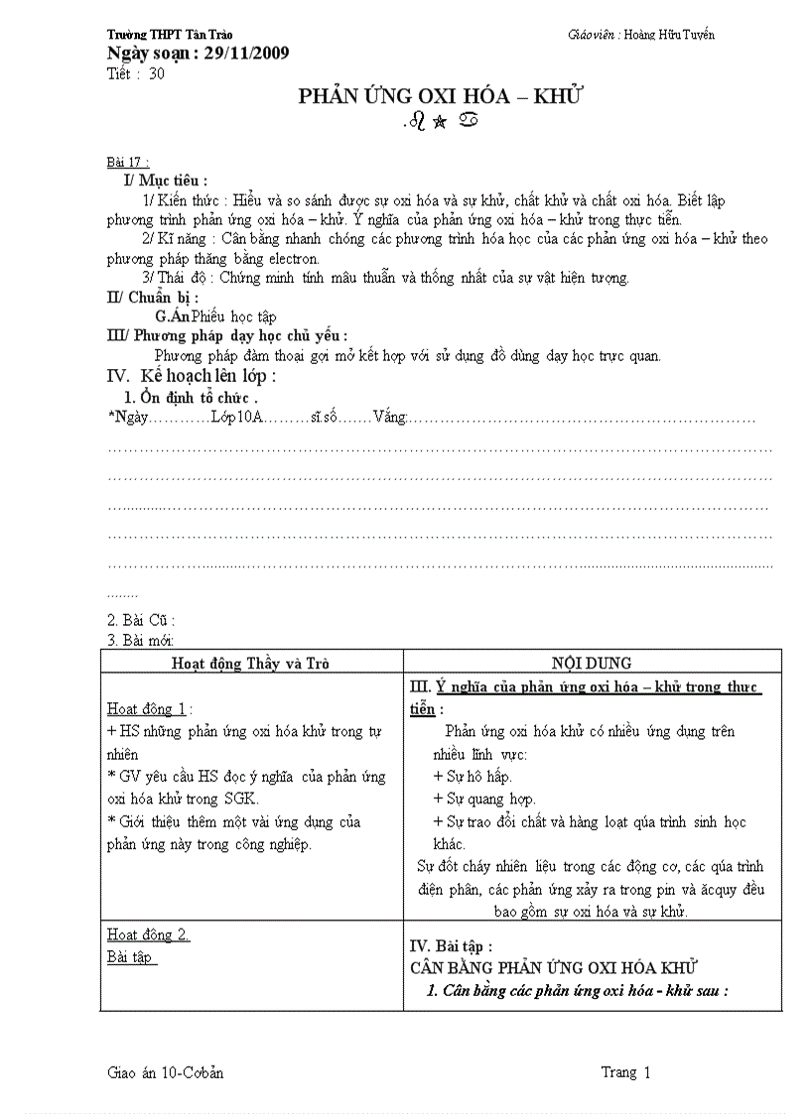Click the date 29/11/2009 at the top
coord(244,53)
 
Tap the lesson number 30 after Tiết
coord(157,73)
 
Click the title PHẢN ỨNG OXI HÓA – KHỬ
coord(440,96)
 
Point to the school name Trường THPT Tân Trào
coord(169,35)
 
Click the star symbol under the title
coord(440,124)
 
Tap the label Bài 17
coord(127,162)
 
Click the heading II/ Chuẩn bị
coord(152,297)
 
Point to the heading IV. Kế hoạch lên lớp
coord(191,376)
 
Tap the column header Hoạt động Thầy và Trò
coord(251,663)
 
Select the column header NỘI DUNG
coord(592,663)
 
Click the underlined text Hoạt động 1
coord(147,708)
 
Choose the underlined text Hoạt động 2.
coord(147,934)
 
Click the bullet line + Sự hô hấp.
coord(472,776)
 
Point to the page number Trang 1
coord(625,1072)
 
